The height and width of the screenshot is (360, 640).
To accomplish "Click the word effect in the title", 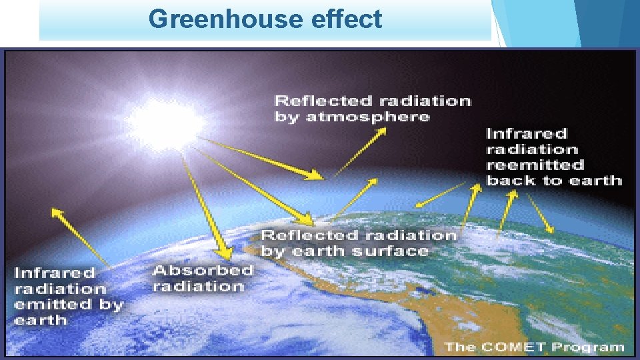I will pos(347,19).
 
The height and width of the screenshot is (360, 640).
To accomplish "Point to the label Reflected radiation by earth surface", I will pos(358,243).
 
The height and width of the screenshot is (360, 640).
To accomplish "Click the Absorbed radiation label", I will pos(202,278).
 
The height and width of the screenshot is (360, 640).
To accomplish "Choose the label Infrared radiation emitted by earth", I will pos(69,296).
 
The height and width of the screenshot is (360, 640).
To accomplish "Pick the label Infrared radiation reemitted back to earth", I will pos(553,157).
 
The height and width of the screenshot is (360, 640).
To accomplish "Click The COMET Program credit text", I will pos(533,346).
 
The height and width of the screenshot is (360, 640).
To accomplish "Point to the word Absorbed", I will pos(203,270).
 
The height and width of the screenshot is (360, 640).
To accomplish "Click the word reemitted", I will pos(535,165).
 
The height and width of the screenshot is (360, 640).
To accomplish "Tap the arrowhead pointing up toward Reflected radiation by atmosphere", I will pos(383,131).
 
